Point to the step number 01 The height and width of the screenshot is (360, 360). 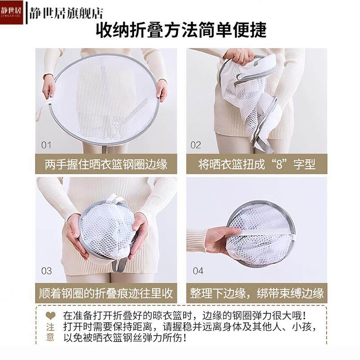click(x=46, y=145)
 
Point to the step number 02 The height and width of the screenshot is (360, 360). click(x=196, y=145)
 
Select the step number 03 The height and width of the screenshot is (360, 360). click(x=46, y=271)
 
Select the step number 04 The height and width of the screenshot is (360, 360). click(x=198, y=271)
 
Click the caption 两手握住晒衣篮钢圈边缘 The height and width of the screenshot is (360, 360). click(x=106, y=164)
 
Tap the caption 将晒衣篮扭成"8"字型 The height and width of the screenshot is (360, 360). click(x=256, y=164)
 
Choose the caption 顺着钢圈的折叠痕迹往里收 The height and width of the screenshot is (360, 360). click(x=106, y=293)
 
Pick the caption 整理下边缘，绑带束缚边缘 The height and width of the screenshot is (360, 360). click(x=256, y=293)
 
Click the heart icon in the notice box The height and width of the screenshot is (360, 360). click(x=50, y=315)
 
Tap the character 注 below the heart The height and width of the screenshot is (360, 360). click(x=50, y=326)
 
